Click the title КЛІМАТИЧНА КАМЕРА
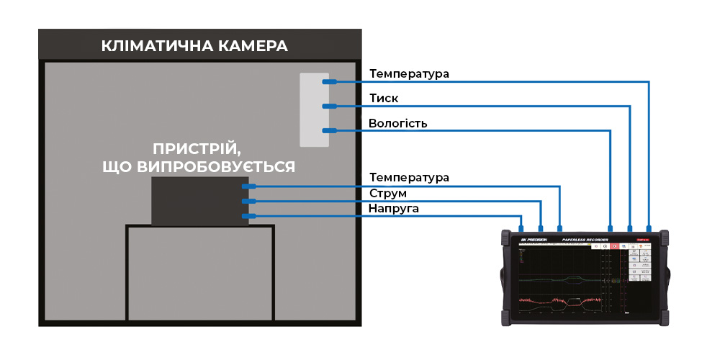194,47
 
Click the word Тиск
383,98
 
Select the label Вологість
397,123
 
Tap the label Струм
387,194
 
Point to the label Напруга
393,209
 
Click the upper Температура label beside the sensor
409,73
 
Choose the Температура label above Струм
409,177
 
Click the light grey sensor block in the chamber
314,109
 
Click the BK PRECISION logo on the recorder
534,240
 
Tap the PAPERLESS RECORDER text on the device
585,240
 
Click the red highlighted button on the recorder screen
614,246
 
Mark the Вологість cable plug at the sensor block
330,130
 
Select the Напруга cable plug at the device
249,216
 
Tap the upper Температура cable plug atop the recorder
649,225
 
